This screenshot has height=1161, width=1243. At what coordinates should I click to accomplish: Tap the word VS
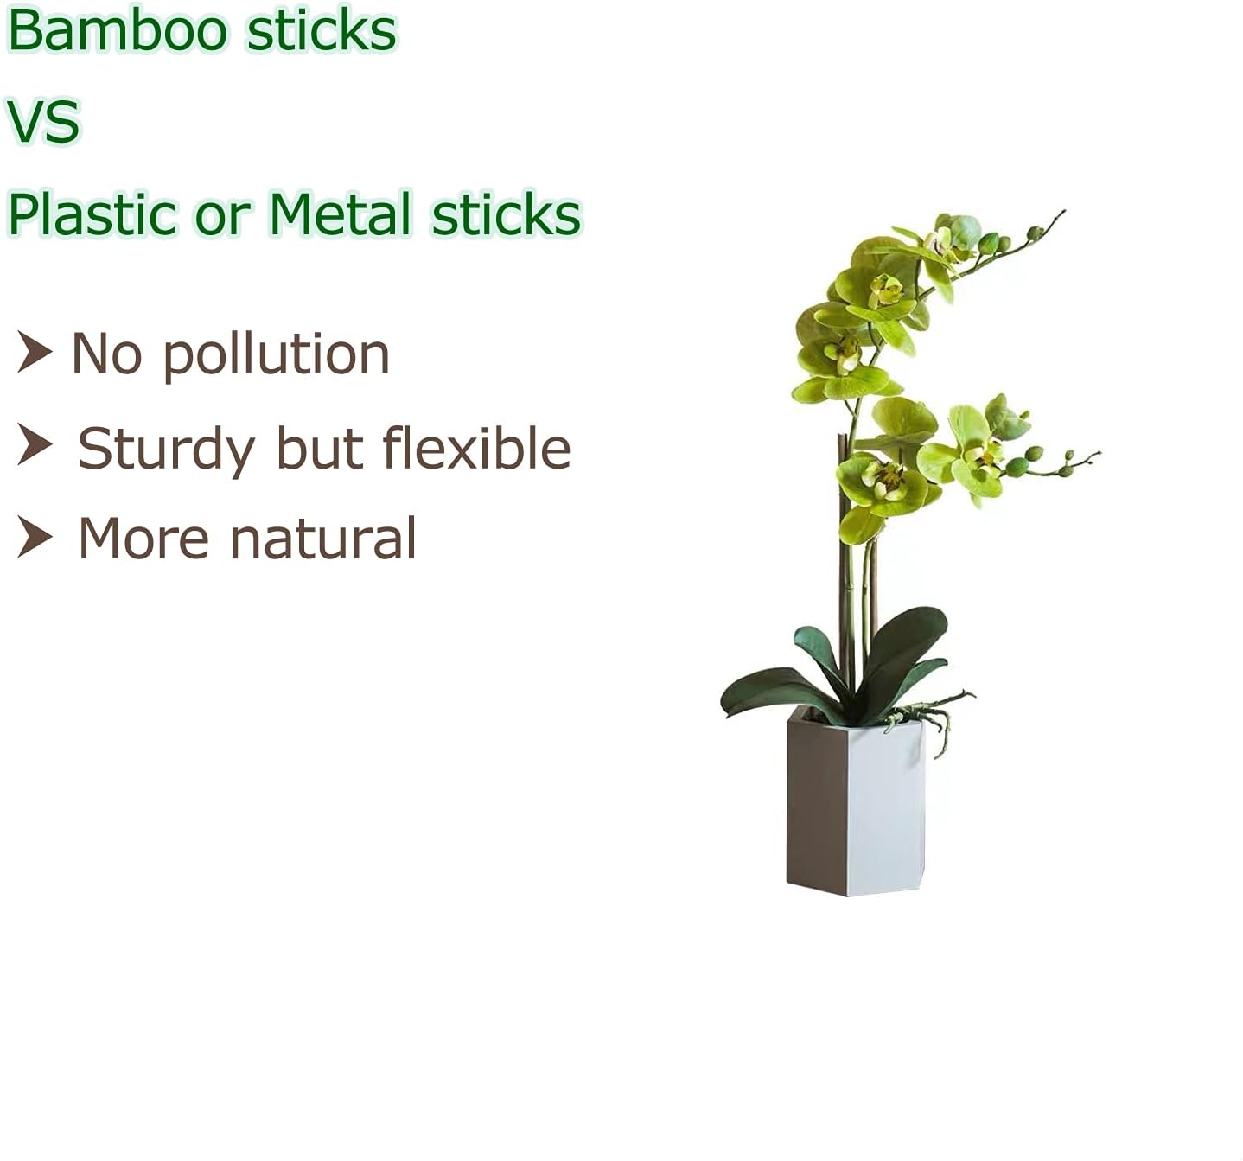43,121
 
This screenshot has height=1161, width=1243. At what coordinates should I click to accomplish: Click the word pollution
276,355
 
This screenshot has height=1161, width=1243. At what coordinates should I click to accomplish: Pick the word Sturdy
166,450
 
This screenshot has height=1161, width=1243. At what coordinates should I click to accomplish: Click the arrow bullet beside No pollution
35,352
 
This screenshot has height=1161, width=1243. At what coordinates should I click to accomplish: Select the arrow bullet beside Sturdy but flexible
35,444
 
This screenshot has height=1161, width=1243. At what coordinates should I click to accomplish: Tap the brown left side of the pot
815,804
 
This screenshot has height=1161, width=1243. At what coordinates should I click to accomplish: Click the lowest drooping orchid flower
862,524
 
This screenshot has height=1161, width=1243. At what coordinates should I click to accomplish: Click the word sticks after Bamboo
321,30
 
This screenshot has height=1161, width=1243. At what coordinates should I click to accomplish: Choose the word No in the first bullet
106,355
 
